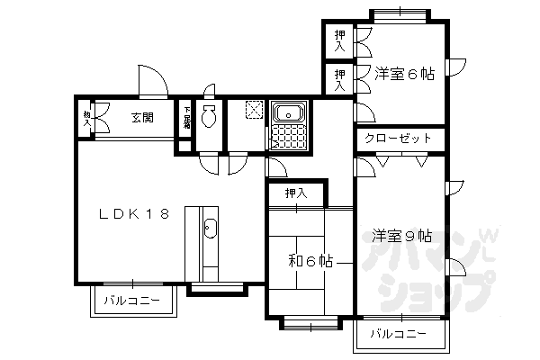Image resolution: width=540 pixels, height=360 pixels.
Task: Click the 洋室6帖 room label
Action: pos(404,75)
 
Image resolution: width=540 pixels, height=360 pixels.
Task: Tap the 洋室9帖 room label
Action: pos(401,236)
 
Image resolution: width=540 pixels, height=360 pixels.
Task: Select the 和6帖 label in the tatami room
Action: pos(310,261)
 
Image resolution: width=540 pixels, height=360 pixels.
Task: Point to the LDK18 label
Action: pos(134,214)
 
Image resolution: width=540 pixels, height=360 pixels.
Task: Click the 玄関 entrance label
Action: pos(141,117)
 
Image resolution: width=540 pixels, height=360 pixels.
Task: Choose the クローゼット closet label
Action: pos(399,139)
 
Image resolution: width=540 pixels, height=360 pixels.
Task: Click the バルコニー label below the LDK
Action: pos(130,300)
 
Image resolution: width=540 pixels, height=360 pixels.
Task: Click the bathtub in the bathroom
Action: pos(290,113)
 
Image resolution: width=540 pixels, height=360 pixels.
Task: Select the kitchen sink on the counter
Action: pos(211,228)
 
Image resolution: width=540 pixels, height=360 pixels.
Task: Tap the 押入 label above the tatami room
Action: pos(295,193)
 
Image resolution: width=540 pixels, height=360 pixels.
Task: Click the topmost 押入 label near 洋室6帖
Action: pos(339,39)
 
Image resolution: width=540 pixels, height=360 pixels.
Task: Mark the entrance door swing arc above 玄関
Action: pos(151,79)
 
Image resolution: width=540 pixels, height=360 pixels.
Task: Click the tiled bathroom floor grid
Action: pos(289,138)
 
